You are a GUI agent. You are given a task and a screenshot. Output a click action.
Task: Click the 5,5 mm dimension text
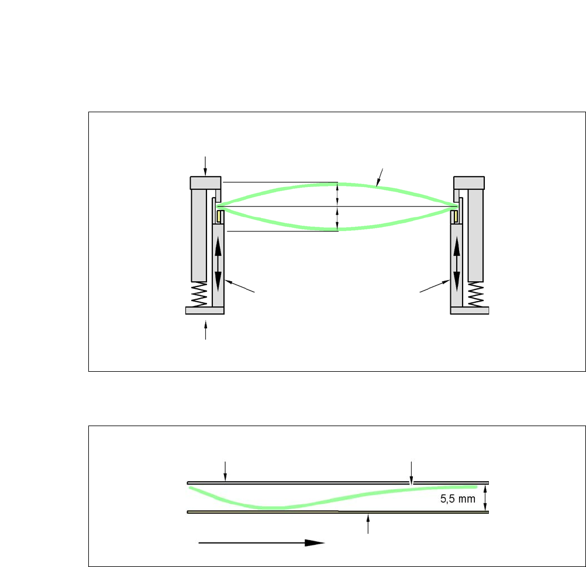click(457, 499)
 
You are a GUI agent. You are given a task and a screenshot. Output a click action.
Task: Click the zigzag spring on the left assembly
click(199, 295)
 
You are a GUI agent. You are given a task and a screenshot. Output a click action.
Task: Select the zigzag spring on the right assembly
click(475, 295)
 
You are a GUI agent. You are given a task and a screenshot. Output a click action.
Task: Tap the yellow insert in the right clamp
click(455, 216)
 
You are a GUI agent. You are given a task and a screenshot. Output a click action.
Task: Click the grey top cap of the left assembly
click(205, 183)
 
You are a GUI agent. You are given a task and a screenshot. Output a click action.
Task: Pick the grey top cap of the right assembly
click(469, 183)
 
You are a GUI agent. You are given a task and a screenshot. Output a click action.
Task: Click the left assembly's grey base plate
click(205, 310)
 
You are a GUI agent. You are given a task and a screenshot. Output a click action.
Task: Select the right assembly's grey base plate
click(470, 310)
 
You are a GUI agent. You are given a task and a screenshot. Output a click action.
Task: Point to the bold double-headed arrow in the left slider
click(218, 264)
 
